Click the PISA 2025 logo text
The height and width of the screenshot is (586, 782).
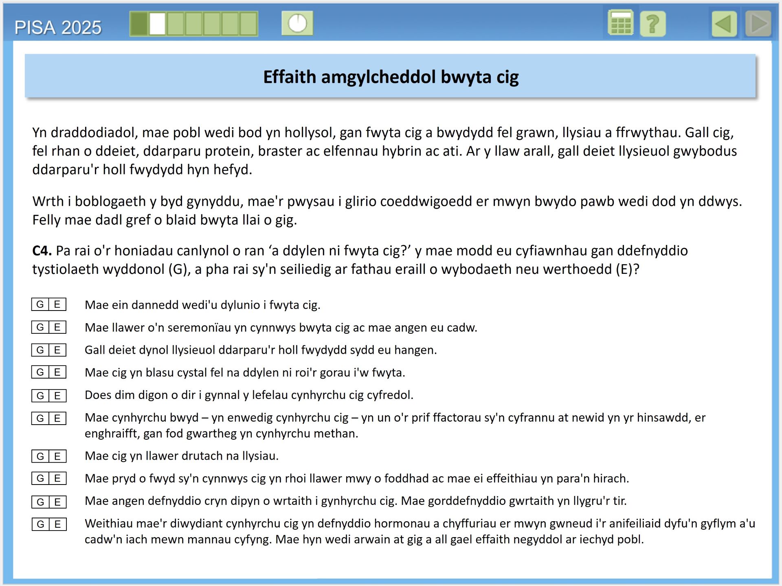coord(58,28)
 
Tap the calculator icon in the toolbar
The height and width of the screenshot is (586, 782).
coord(620,24)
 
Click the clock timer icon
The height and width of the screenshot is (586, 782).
coord(297,23)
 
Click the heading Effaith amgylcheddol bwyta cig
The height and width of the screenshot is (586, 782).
coord(391,77)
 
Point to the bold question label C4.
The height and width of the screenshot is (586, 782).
coord(42,251)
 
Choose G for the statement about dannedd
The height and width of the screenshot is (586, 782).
coord(40,304)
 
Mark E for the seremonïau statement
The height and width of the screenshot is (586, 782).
coord(57,327)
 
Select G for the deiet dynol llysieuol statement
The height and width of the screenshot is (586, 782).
coord(40,350)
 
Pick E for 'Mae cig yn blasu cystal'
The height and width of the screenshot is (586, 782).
coord(57,372)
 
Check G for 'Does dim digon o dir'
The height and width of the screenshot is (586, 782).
coord(40,395)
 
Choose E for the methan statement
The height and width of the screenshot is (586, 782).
coord(57,418)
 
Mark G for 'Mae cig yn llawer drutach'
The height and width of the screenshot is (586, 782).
coord(40,456)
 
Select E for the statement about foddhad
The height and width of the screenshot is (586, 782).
coord(57,478)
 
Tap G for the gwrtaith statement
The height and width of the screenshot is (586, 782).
coord(40,502)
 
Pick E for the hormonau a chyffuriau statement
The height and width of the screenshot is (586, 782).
coord(57,524)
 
